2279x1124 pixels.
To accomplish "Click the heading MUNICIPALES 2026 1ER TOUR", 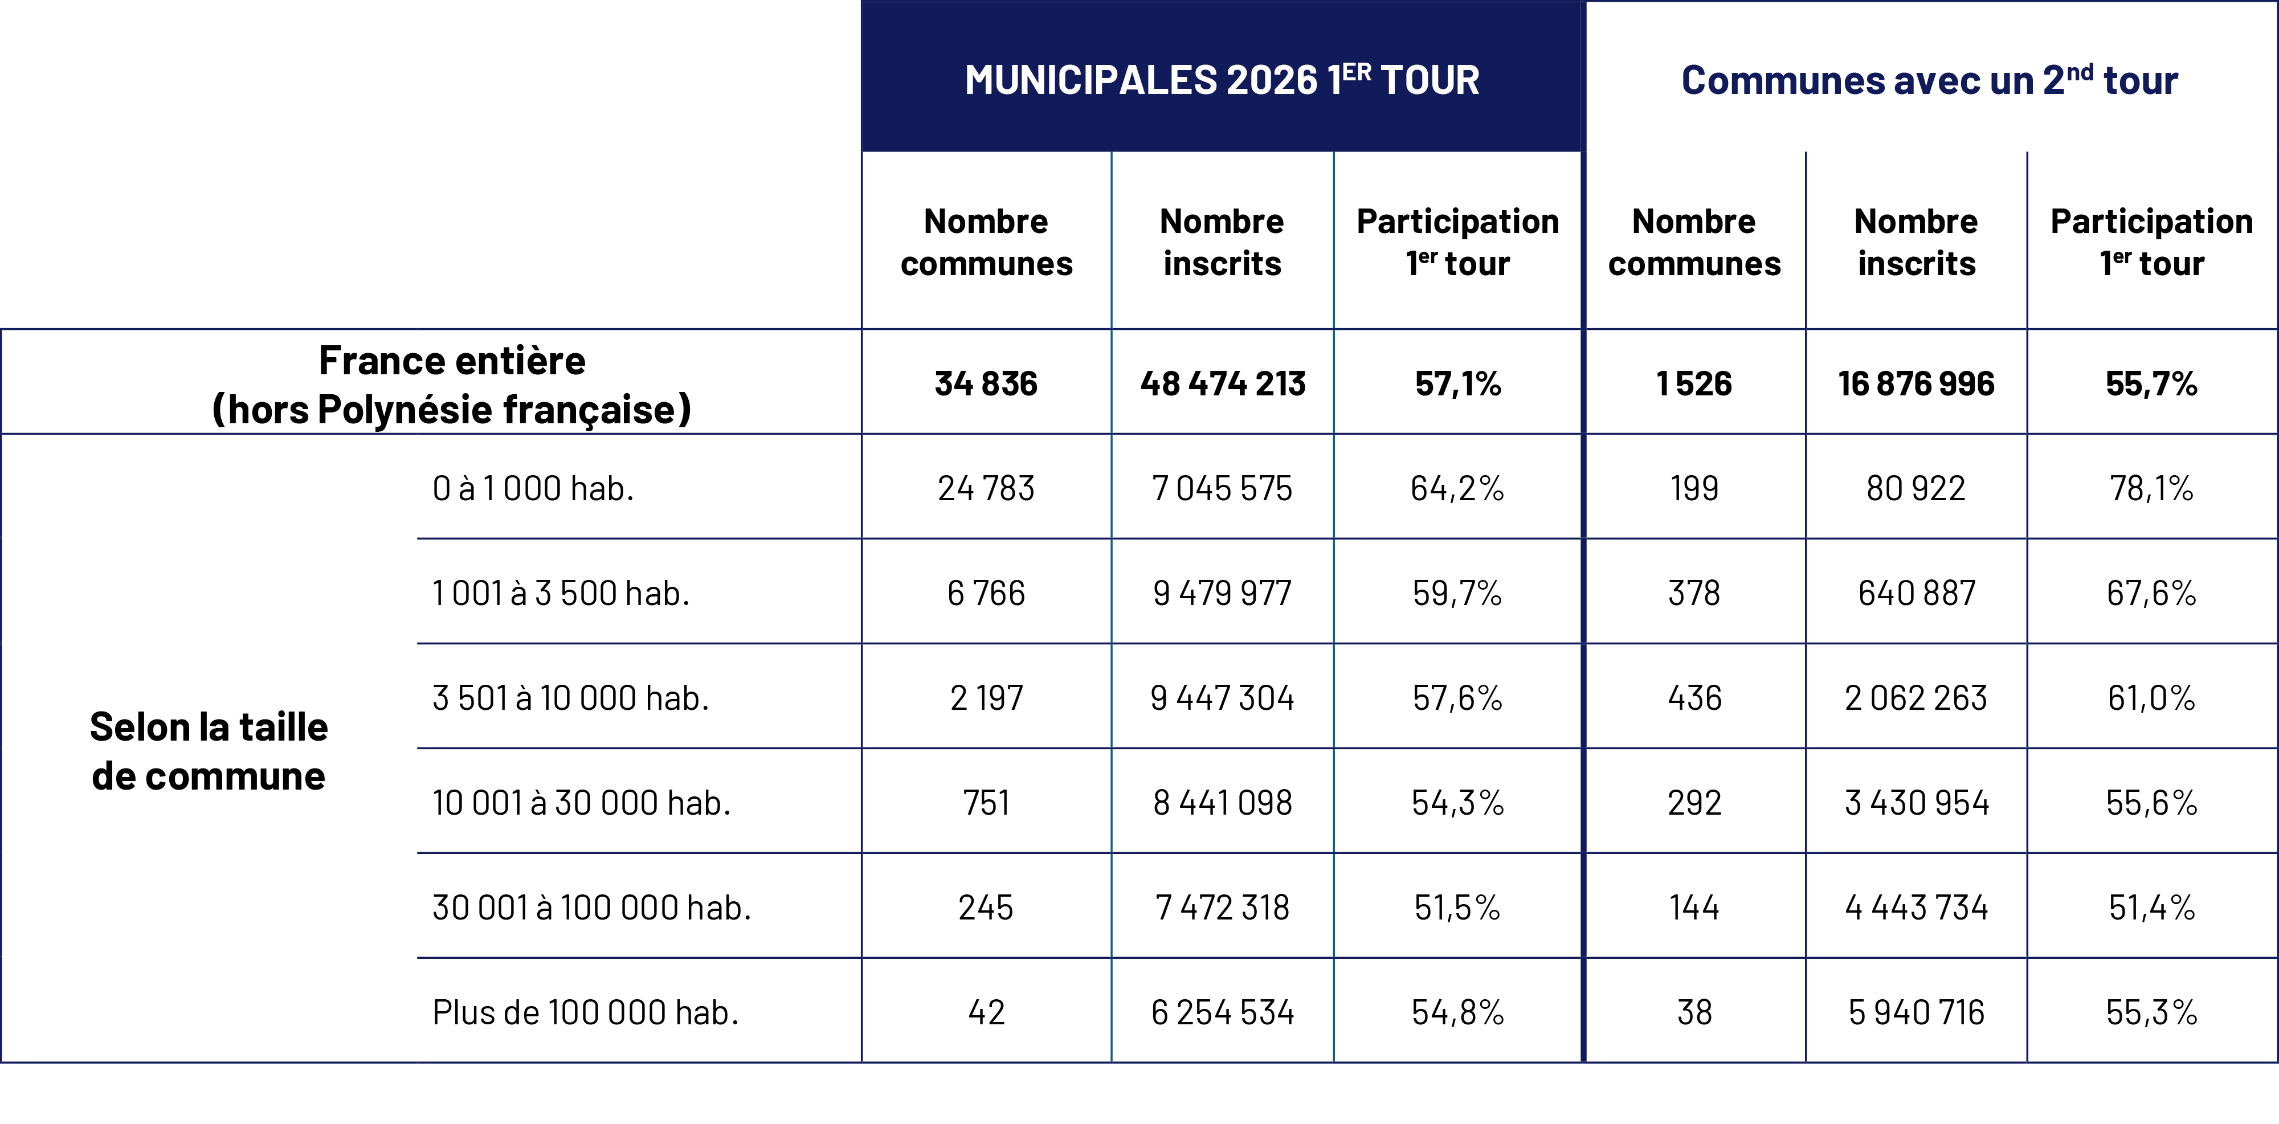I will pos(1222,80).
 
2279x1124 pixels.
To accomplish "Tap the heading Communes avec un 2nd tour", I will pos(1930,80).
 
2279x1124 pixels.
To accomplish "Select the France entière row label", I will pos(451,384).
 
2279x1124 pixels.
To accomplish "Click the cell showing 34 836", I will pos(986,384).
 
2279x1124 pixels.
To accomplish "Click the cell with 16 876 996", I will pos(1915,384).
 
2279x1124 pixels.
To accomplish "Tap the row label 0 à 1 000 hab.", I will pos(533,488).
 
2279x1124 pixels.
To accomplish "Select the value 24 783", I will pos(986,488).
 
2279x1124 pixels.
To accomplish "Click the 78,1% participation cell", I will pos(2151,488).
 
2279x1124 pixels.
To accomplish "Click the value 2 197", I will pos(986,698).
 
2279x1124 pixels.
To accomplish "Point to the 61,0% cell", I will pos(2151,698).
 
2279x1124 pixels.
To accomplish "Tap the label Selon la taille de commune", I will pos(209,751).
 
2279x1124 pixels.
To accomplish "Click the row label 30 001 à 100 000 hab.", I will pos(591,908).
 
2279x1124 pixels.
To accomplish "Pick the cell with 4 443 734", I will pos(1915,908).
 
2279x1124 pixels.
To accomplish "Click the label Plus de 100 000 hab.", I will pos(585,1012).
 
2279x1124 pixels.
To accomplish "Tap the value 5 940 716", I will pos(1915,1012).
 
